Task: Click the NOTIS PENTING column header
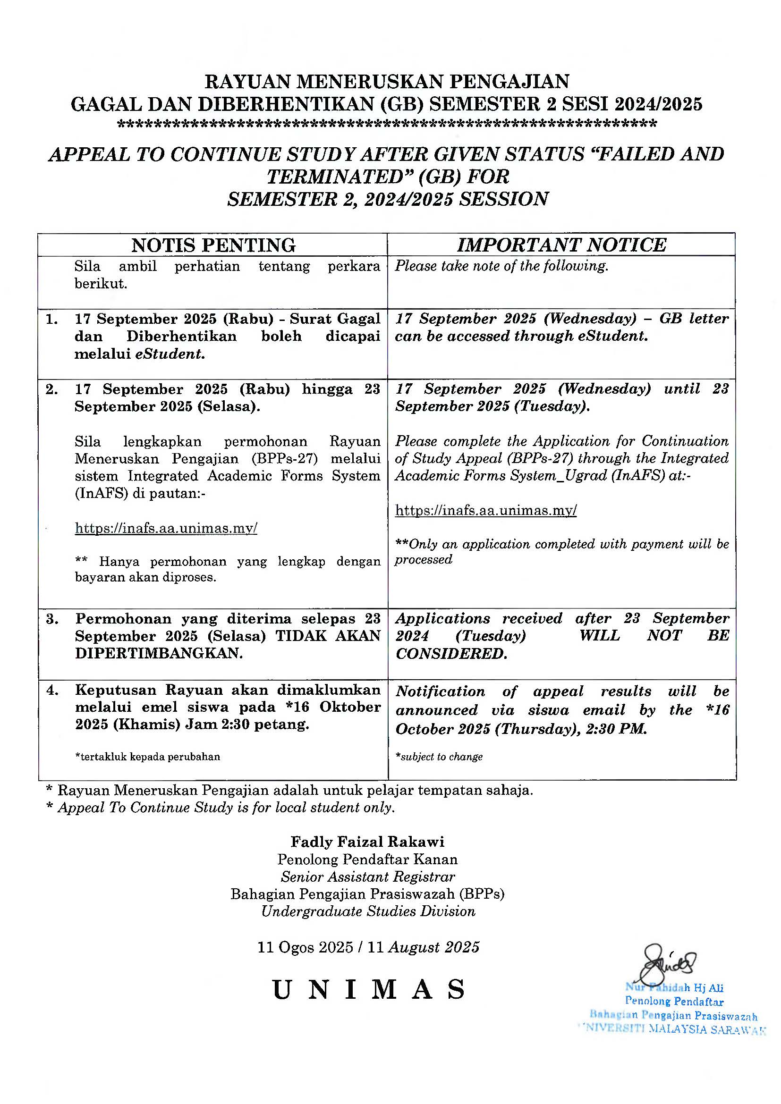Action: click(x=213, y=245)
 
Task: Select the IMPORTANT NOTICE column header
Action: click(x=561, y=245)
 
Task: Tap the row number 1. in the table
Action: click(x=52, y=319)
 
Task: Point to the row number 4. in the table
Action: click(x=52, y=691)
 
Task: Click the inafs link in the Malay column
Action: click(x=166, y=529)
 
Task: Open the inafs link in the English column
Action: click(x=486, y=510)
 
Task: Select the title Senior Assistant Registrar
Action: click(x=368, y=876)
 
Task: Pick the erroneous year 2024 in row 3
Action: click(x=412, y=636)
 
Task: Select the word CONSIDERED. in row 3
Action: click(x=451, y=654)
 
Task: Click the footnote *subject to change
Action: click(x=439, y=757)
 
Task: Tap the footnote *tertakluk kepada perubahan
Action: click(x=147, y=757)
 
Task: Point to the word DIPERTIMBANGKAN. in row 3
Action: click(x=159, y=653)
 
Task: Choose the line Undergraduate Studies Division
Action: click(x=368, y=911)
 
